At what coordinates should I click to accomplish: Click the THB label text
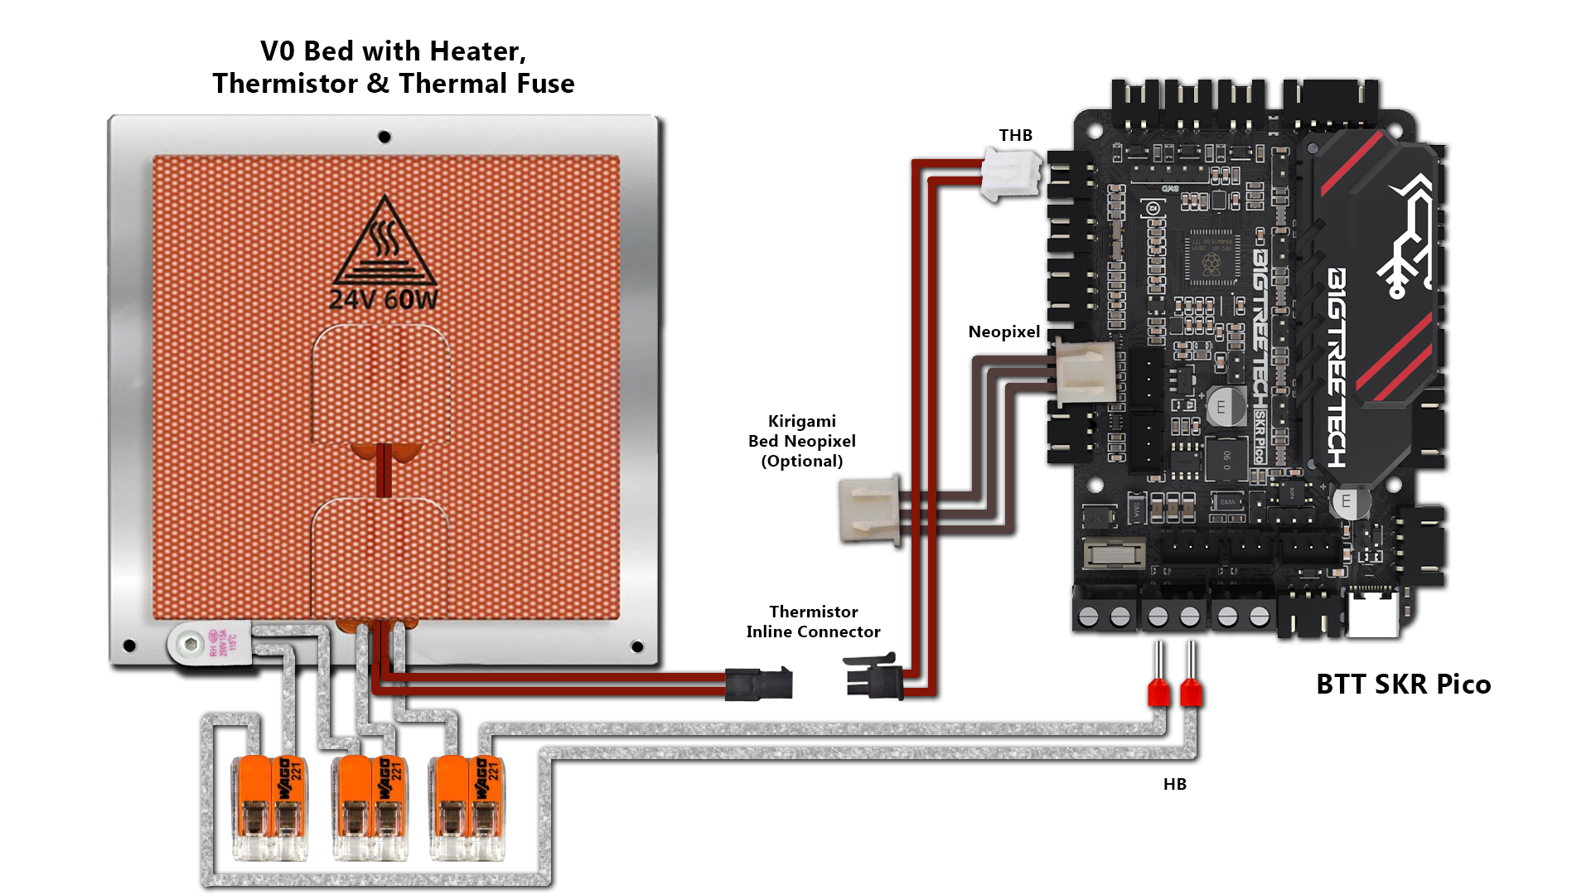tap(1015, 135)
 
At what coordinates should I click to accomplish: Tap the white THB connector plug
tap(1010, 174)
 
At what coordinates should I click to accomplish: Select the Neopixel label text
tap(1003, 332)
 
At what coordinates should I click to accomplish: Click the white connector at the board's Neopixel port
tap(1083, 372)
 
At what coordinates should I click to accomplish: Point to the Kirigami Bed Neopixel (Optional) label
tap(801, 441)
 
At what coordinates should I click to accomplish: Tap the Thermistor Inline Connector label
tap(813, 622)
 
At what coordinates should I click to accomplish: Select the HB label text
tap(1174, 784)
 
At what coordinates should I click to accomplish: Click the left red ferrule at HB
tap(1158, 690)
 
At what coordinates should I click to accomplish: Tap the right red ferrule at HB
tap(1191, 690)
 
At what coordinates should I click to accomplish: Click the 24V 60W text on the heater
tap(384, 299)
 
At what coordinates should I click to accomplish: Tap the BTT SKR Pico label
tap(1403, 685)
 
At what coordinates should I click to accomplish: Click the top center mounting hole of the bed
tap(384, 137)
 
